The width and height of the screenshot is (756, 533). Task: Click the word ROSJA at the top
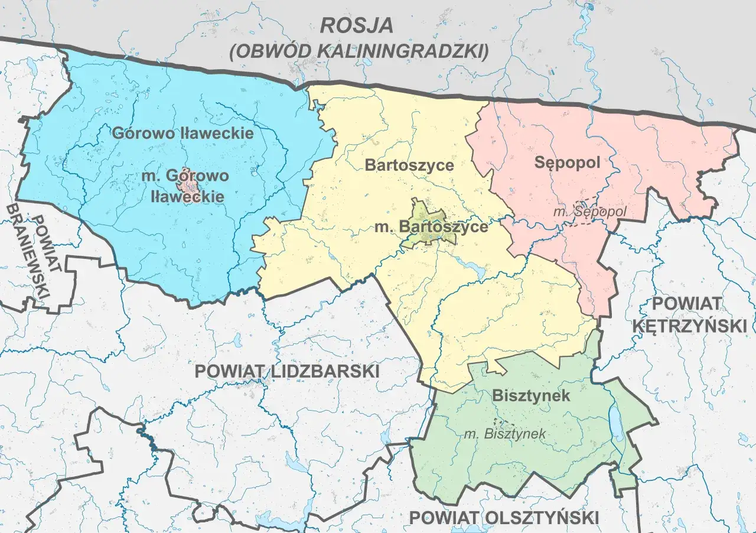[356, 25]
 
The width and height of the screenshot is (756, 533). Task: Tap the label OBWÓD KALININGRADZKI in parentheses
[359, 51]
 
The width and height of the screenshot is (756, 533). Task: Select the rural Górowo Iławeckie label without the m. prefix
[183, 132]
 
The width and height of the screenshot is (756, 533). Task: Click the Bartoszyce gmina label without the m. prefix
[409, 164]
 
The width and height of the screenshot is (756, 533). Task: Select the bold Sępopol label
[567, 162]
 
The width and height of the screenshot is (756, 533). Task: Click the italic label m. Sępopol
[590, 211]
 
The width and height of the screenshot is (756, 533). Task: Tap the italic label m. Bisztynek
[505, 434]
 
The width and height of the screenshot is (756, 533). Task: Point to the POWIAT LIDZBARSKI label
[287, 371]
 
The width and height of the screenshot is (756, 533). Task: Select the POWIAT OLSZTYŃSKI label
[504, 517]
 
